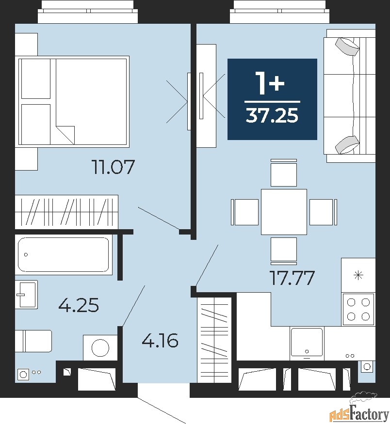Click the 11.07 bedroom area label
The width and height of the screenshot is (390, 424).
[x=114, y=167]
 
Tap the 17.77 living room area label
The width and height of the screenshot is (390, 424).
[x=292, y=278]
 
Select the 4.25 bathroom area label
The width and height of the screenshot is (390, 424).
[x=79, y=305]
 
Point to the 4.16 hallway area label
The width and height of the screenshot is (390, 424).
[x=160, y=340]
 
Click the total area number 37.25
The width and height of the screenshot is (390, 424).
[x=272, y=115]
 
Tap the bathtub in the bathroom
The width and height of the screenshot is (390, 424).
[x=64, y=254]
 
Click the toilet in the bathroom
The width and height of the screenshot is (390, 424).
[x=33, y=341]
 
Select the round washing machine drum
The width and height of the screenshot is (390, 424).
[x=100, y=348]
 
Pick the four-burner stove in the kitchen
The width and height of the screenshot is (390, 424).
[x=358, y=309]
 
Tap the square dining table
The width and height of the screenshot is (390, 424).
[x=284, y=212]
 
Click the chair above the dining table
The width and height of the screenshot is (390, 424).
[x=284, y=173]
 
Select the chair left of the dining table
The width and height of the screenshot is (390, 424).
[x=245, y=212]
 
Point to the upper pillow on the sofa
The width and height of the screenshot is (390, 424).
[x=347, y=46]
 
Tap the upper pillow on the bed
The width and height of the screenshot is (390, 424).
[x=36, y=79]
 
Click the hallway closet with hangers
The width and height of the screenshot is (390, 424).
[x=214, y=340]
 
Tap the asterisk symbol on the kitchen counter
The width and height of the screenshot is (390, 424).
[x=358, y=276]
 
